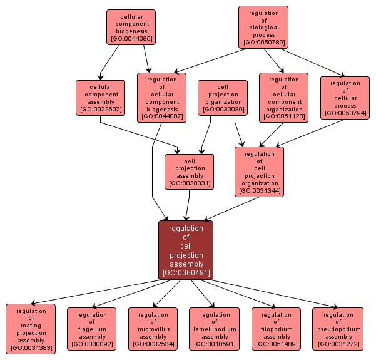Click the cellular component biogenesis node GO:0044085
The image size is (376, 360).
coord(131,27)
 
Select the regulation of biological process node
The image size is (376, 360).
coord(263,27)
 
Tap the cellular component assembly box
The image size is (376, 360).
coord(100,98)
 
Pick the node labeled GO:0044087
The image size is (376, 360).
coord(161,97)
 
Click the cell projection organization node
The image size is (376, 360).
coord(223,98)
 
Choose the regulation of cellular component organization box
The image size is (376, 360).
coord(283,97)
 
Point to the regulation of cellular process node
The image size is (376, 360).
coord(345,98)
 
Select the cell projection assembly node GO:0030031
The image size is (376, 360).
coord(190,171)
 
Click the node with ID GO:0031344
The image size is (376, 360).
coord(259,171)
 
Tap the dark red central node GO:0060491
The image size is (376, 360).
coord(186,250)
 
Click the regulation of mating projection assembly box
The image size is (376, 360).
coord(31,329)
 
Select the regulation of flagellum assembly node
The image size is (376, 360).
coord(92,329)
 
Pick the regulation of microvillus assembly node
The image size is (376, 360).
coord(153,329)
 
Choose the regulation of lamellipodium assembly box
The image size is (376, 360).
coord(215,329)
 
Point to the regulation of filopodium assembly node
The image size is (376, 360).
coord(276,329)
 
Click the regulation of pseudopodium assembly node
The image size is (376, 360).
coord(338,329)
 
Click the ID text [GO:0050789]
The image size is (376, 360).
coord(263,43)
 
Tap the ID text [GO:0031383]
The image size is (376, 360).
coord(31,347)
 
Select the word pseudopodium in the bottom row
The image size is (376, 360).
coord(338,329)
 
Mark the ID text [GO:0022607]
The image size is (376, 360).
coord(100,110)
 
